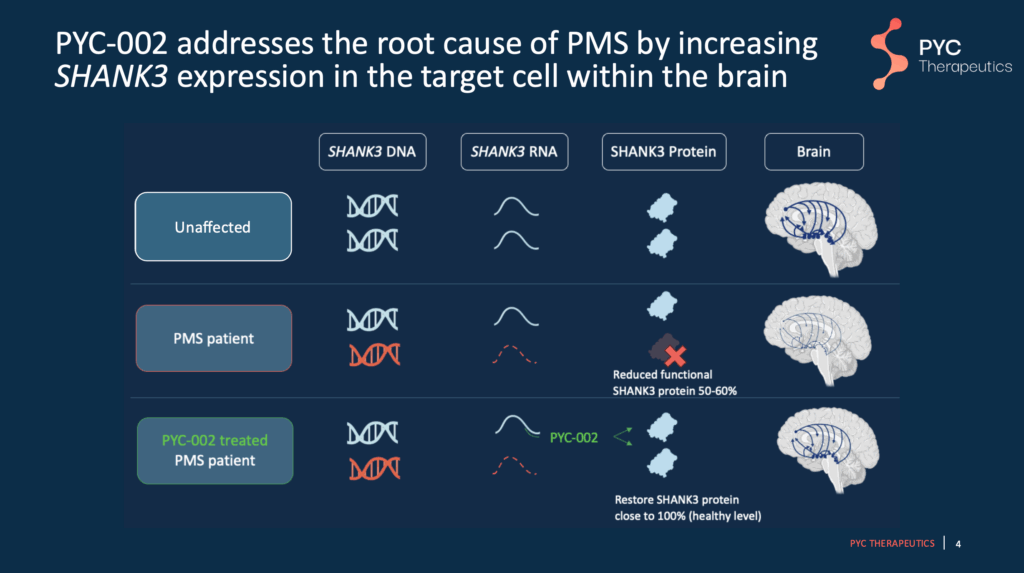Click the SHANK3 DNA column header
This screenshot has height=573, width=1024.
click(x=372, y=152)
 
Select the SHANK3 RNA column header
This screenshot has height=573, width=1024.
click(x=515, y=152)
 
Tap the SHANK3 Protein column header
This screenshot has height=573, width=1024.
click(x=664, y=152)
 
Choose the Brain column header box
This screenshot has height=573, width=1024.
click(x=814, y=152)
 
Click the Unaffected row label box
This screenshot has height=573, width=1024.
click(x=213, y=227)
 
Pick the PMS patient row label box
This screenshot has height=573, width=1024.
click(x=213, y=338)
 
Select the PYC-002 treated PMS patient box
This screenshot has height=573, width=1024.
click(x=214, y=450)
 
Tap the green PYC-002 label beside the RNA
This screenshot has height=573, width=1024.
click(x=574, y=437)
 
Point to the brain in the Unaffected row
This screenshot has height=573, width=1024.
click(x=821, y=231)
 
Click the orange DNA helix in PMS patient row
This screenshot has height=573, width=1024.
click(x=373, y=355)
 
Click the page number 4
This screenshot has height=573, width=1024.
click(x=959, y=544)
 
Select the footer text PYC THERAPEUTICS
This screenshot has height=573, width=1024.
click(x=892, y=544)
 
